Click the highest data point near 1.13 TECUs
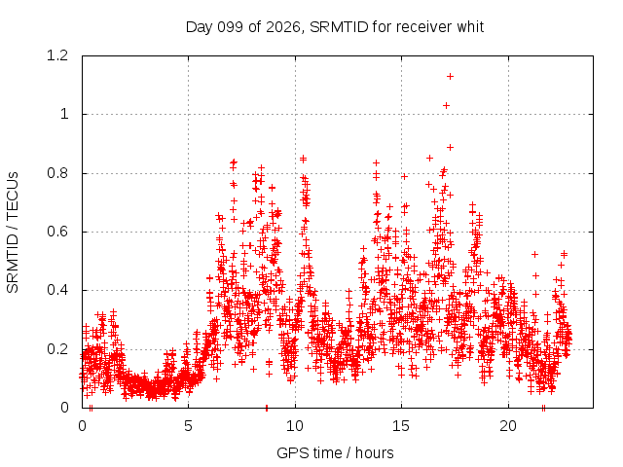pos(450,76)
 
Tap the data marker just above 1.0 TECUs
pos(446,106)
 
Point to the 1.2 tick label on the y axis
pos(57,55)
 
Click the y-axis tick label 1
pos(64,115)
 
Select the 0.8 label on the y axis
pos(57,173)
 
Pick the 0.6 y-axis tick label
pos(57,232)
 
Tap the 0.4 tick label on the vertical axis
pos(57,290)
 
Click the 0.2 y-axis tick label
pos(57,349)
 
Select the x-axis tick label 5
pos(188,426)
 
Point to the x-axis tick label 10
pos(295,426)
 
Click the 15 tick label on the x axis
pos(401,426)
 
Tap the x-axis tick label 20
pos(508,426)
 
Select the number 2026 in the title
pos(283,27)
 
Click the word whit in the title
pos(470,27)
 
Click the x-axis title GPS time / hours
pos(335,452)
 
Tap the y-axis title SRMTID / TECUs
pos(13,233)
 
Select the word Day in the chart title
pos(200,28)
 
